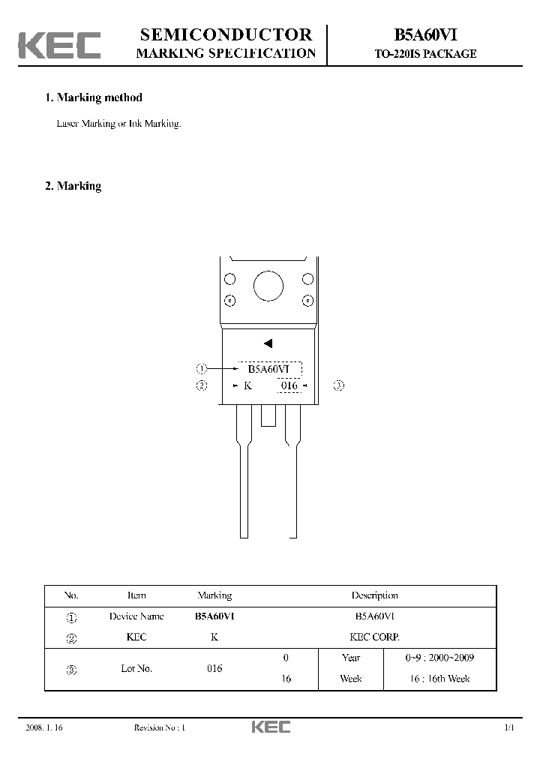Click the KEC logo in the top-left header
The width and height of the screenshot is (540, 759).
pyautogui.click(x=59, y=45)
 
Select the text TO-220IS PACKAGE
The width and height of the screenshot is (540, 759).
pyautogui.click(x=425, y=54)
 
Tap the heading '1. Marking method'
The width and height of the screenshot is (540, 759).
pyautogui.click(x=94, y=97)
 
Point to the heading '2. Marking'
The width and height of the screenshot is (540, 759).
pyautogui.click(x=73, y=186)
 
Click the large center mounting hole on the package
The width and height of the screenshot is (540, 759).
pyautogui.click(x=268, y=286)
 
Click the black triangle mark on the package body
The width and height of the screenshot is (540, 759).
pyautogui.click(x=268, y=343)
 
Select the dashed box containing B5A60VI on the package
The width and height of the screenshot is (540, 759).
pyautogui.click(x=270, y=368)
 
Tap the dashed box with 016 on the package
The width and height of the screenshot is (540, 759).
pyautogui.click(x=289, y=386)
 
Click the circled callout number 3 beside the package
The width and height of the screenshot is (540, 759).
pyautogui.click(x=339, y=385)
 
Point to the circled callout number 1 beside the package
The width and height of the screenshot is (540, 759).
pyautogui.click(x=201, y=368)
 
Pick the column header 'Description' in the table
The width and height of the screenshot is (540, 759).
pyautogui.click(x=374, y=595)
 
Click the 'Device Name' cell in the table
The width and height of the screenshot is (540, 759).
pyautogui.click(x=136, y=616)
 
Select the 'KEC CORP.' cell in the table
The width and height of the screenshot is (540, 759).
pyautogui.click(x=374, y=637)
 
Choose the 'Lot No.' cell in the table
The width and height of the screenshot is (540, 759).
pyautogui.click(x=136, y=668)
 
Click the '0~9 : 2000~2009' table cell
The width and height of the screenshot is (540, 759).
pyautogui.click(x=439, y=658)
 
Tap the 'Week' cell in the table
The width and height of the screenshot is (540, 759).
pyautogui.click(x=350, y=679)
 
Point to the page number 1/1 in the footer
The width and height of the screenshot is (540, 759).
pyautogui.click(x=509, y=728)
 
